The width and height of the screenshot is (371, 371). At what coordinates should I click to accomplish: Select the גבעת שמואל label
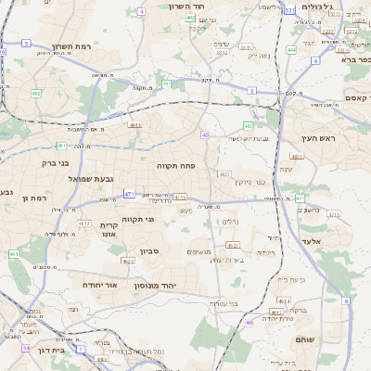tap(91, 178)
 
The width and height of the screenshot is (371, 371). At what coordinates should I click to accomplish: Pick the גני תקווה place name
tap(136, 220)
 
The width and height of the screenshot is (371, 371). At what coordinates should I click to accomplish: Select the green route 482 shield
tap(36, 94)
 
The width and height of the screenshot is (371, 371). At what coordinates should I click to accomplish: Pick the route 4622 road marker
tap(129, 262)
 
